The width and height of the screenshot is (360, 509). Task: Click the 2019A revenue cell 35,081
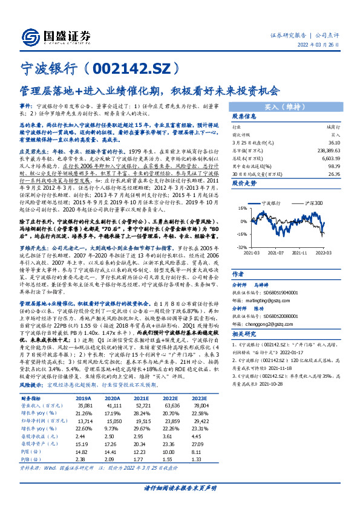pyautogui.click(x=84, y=406)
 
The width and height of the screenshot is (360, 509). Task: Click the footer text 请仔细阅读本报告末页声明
pyautogui.click(x=180, y=488)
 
